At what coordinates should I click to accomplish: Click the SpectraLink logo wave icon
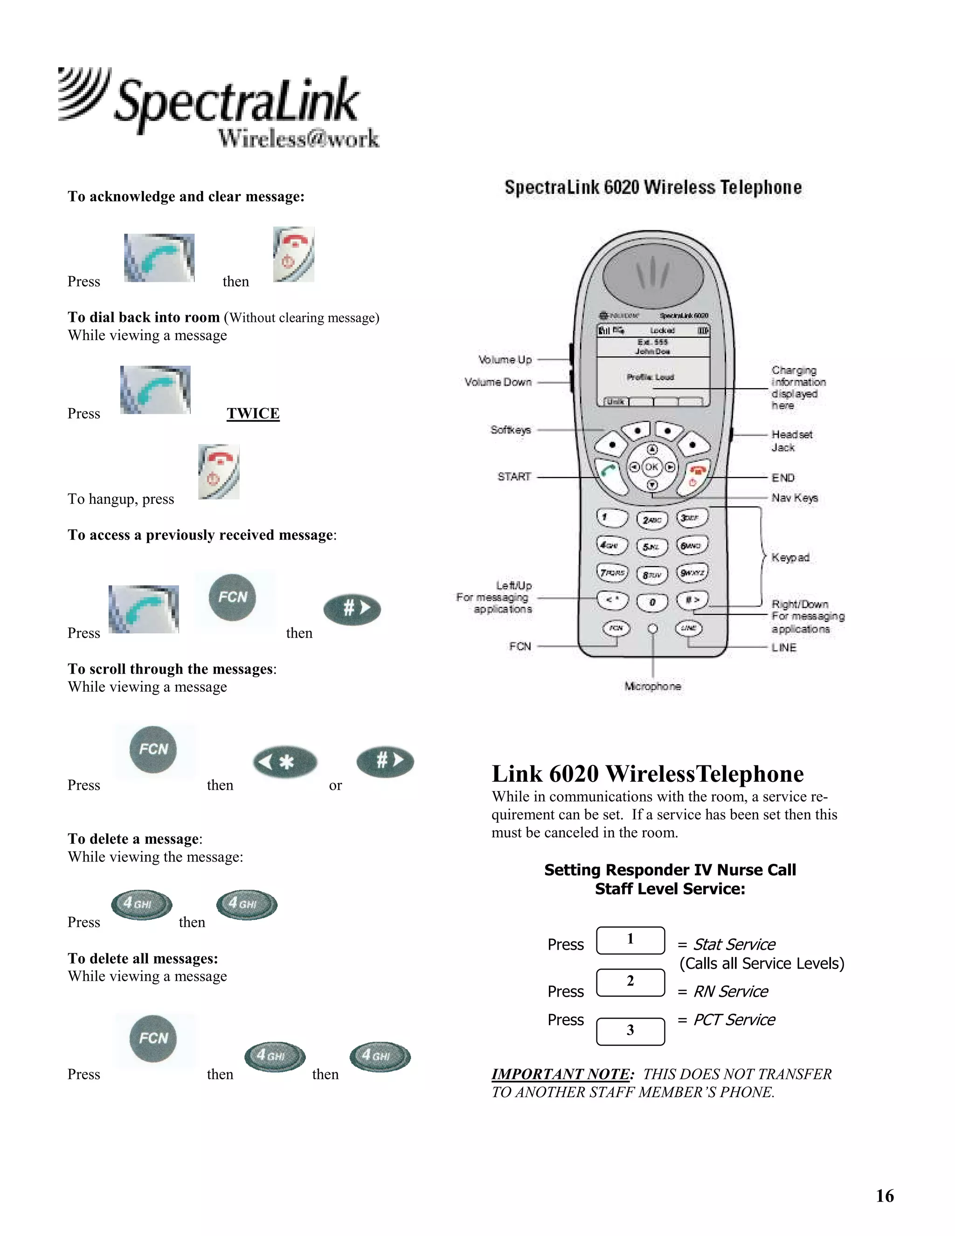pos(84,93)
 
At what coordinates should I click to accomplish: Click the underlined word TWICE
pos(253,413)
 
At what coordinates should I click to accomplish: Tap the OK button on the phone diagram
pos(652,467)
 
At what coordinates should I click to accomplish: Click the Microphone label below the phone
pos(652,687)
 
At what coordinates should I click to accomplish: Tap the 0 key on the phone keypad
pos(652,603)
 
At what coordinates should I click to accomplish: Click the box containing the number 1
pos(630,940)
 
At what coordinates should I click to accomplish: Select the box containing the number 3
pos(630,1031)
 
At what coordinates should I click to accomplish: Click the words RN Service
pos(730,992)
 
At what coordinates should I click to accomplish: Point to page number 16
pos(884,1195)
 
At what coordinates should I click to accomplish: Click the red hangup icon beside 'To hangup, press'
pos(219,472)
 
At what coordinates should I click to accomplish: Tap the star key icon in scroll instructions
pos(284,762)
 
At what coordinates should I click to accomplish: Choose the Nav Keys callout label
pos(794,498)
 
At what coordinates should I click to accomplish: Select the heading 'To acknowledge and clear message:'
pos(186,196)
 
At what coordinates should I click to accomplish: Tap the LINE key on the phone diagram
pos(689,628)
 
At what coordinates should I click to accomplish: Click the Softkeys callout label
pos(510,430)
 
